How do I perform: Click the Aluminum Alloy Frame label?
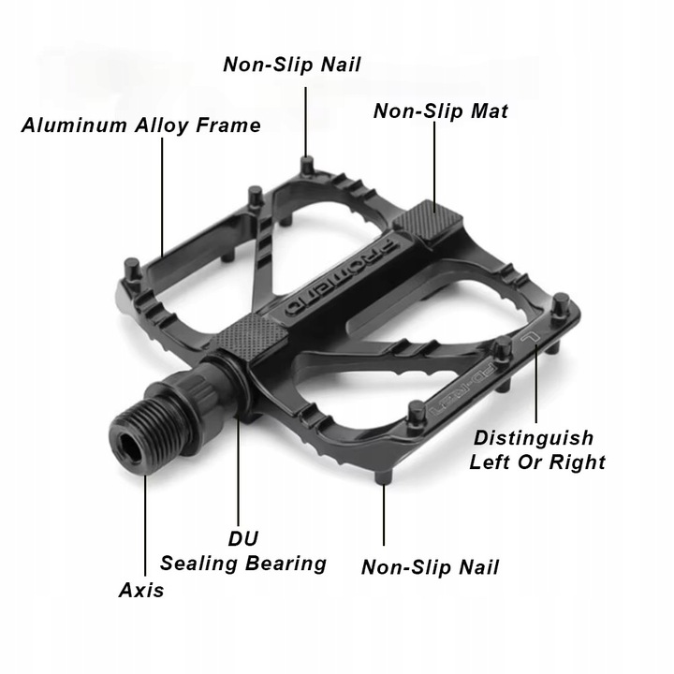140,125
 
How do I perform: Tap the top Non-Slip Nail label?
291,65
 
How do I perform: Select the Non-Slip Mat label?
440,111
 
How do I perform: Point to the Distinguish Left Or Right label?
536,449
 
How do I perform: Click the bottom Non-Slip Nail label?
430,566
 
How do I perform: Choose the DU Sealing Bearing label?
242,551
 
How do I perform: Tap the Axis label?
141,590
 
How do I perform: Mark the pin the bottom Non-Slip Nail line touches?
384,478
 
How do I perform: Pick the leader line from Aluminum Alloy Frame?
162,197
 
